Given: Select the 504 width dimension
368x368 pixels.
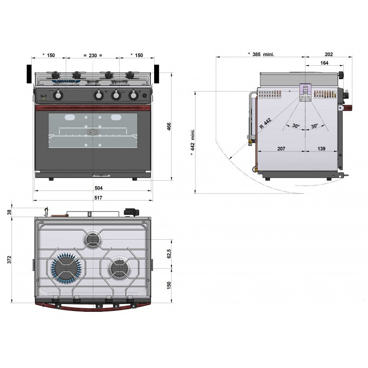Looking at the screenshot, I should pyautogui.click(x=98, y=188).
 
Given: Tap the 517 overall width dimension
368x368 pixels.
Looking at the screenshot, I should pyautogui.click(x=98, y=198).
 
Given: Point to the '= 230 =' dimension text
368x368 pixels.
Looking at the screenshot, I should pyautogui.click(x=93, y=55).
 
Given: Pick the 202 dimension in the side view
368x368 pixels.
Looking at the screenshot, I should pyautogui.click(x=328, y=54).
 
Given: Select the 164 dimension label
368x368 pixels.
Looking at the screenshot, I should pyautogui.click(x=324, y=63).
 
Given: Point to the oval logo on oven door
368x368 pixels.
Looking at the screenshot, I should pyautogui.click(x=92, y=132).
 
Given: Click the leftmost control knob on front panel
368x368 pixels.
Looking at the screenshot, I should pyautogui.click(x=58, y=95).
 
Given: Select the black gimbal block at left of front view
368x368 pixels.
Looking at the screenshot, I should pyautogui.click(x=29, y=74).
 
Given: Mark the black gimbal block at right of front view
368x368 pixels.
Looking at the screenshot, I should pyautogui.click(x=157, y=74).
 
